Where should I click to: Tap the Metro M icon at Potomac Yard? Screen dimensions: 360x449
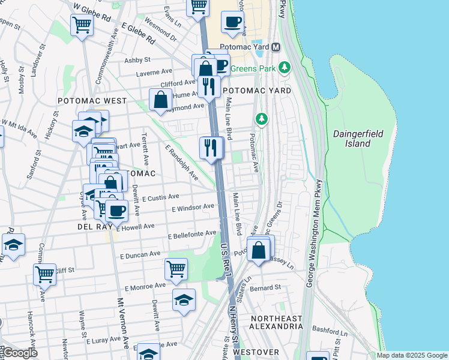click(x=276, y=47)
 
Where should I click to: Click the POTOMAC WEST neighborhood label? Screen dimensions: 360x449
click(x=92, y=101)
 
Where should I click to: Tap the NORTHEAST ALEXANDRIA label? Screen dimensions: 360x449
click(x=277, y=322)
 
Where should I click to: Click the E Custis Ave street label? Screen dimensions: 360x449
click(x=160, y=197)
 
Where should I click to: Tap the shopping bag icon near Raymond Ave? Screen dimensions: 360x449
click(x=161, y=100)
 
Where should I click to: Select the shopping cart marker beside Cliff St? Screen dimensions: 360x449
click(x=44, y=274)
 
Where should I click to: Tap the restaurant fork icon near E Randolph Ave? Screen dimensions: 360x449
click(x=211, y=148)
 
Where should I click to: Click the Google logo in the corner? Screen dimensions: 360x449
click(x=19, y=353)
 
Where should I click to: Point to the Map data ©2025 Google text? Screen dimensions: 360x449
click(x=412, y=355)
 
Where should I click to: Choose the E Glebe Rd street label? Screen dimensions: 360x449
click(x=138, y=32)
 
